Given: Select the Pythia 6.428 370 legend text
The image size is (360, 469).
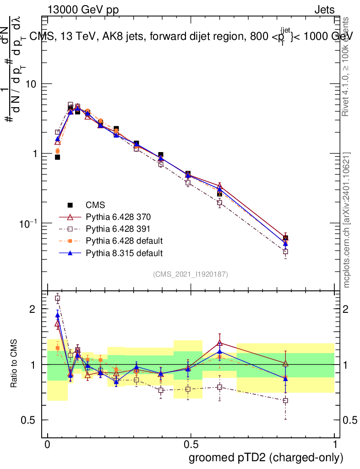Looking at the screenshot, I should (x=119, y=217).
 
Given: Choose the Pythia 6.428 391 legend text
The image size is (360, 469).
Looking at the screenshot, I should (x=119, y=229).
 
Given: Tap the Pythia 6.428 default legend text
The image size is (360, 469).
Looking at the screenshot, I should (x=124, y=240).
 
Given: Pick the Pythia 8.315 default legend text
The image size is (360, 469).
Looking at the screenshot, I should (x=124, y=252).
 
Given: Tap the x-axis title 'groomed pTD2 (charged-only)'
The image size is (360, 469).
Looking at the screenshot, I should (x=266, y=457).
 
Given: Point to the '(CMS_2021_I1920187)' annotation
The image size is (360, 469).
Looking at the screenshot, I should (x=191, y=274).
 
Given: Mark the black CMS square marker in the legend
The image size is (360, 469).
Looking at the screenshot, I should (x=71, y=205).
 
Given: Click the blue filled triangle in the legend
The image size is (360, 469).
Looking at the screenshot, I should (x=71, y=252).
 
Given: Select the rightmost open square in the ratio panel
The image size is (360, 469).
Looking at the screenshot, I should (x=285, y=400).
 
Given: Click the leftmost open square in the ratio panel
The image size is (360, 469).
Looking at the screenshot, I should (x=58, y=299).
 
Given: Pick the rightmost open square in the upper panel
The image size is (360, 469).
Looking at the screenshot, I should (x=285, y=251).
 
